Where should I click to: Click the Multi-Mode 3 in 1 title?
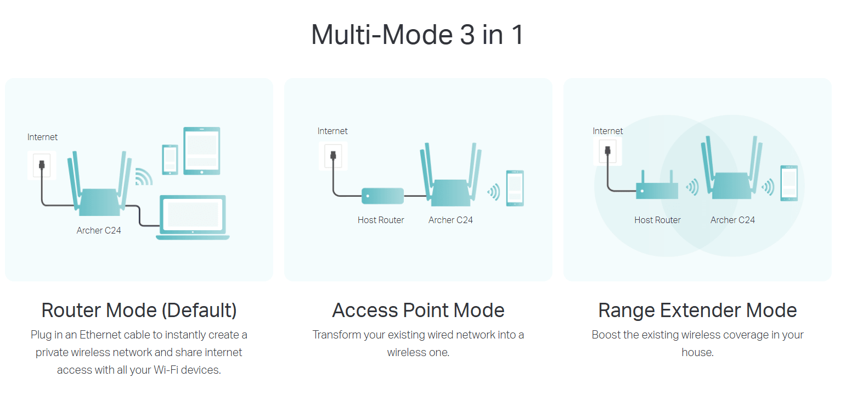pos(418,35)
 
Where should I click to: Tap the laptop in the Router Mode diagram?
pos(193,218)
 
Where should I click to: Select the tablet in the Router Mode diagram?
pos(201,151)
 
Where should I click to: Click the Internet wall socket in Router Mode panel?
pos(42,164)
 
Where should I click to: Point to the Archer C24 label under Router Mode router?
pos(99,230)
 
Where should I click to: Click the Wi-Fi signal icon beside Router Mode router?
pos(143,176)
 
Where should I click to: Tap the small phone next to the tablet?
pos(170,159)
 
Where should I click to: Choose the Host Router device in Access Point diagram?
pos(382,195)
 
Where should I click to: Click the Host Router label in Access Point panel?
pos(381,220)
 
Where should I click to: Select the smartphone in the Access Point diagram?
pos(515,188)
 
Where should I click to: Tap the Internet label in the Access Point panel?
pos(332,131)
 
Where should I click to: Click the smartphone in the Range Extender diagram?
pos(789,183)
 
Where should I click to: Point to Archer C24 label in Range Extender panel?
pos(732,220)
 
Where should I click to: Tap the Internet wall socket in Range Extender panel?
pos(607,151)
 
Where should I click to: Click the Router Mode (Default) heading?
pos(139,310)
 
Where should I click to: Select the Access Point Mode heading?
pos(418,310)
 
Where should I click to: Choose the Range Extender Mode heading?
pos(697,310)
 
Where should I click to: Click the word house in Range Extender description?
pos(697,353)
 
